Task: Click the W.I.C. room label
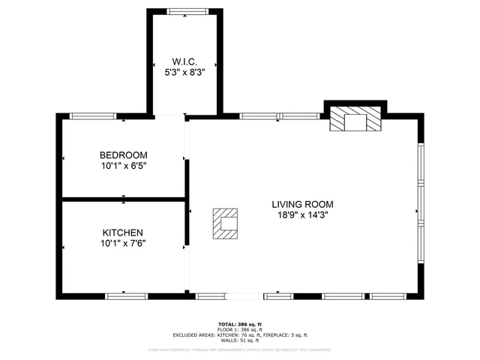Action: [184, 61]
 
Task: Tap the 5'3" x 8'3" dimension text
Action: [184, 72]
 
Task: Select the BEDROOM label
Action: [123, 154]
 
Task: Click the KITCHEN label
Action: [123, 232]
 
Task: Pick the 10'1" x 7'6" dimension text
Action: [123, 243]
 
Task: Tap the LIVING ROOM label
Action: [302, 204]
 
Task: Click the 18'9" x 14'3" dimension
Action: [302, 214]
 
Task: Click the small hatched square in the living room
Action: [225, 223]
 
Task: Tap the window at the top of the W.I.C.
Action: [184, 11]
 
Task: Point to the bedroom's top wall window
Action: [93, 116]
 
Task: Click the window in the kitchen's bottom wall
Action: [126, 296]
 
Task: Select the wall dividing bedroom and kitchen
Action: [123, 199]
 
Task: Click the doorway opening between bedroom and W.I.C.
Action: [170, 116]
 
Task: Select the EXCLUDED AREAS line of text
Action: [240, 335]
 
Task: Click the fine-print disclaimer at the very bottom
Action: [240, 349]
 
